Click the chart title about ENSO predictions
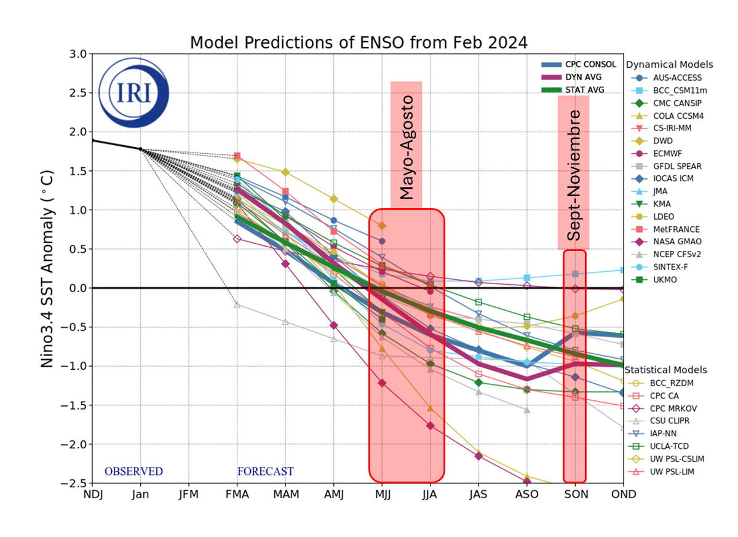359,43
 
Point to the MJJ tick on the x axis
382,494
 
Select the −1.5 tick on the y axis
75,405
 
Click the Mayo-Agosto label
407,148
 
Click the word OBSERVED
133,472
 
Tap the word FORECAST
265,472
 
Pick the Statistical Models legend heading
665,370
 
